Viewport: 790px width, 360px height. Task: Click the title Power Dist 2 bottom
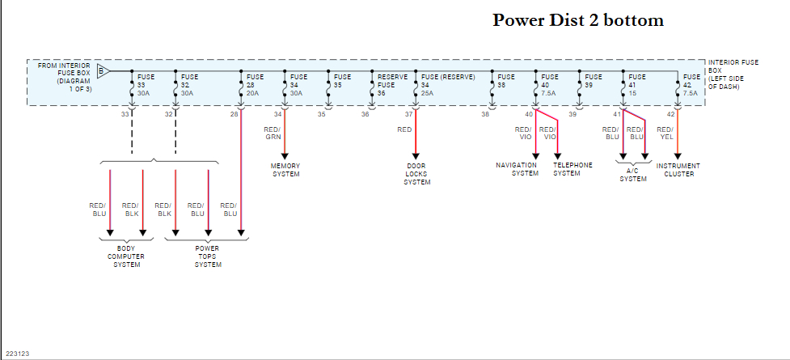pyautogui.click(x=578, y=20)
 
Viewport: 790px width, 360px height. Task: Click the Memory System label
pyautogui.click(x=285, y=170)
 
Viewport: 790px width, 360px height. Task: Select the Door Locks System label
pyautogui.click(x=416, y=174)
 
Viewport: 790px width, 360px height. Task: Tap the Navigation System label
pyautogui.click(x=517, y=170)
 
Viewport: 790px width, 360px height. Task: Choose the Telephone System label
pyautogui.click(x=572, y=170)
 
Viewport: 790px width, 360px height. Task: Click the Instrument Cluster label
pyautogui.click(x=678, y=170)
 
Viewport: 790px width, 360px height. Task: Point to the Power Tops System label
pyautogui.click(x=208, y=256)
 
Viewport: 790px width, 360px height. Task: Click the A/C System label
pyautogui.click(x=633, y=175)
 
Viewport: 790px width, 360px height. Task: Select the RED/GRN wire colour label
pyautogui.click(x=272, y=133)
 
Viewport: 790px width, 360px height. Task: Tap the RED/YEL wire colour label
pyautogui.click(x=665, y=133)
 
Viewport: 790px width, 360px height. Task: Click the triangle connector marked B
pyautogui.click(x=103, y=70)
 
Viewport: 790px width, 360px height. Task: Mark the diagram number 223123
pyautogui.click(x=18, y=354)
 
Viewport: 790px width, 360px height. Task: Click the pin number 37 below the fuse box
pyautogui.click(x=408, y=115)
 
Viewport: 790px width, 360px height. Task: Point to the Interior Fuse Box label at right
pyautogui.click(x=734, y=74)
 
